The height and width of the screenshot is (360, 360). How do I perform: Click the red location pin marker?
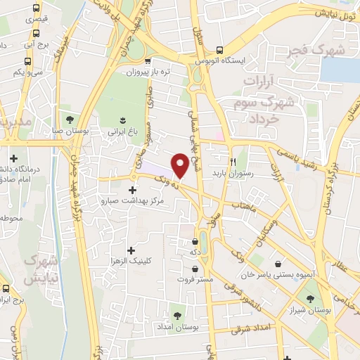pyautogui.click(x=180, y=165)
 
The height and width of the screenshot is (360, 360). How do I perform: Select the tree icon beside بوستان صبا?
pyautogui.click(x=69, y=117)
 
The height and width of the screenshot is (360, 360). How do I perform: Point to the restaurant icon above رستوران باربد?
pyautogui.click(x=233, y=160)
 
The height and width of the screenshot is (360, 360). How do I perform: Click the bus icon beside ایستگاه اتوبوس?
pyautogui.click(x=221, y=50)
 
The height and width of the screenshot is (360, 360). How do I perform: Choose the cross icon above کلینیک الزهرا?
pyautogui.click(x=131, y=250)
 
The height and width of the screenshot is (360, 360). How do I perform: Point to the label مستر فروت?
pyautogui.click(x=196, y=278)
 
